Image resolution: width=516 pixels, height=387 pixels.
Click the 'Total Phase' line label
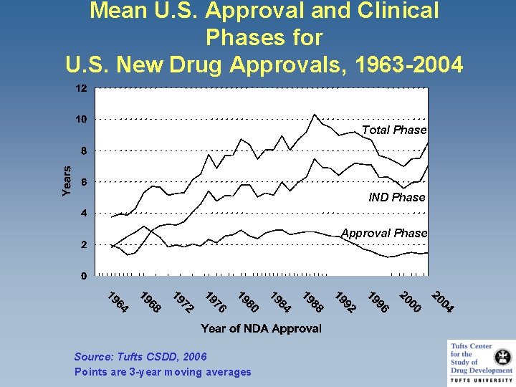coord(393,130)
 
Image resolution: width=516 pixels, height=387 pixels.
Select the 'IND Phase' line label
coord(396,197)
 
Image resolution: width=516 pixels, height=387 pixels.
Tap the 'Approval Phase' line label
coord(383,233)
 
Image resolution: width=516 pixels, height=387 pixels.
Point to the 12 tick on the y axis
coord(82,89)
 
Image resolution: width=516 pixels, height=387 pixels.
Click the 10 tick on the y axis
coord(82,120)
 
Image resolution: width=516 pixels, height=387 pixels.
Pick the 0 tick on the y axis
coord(85,276)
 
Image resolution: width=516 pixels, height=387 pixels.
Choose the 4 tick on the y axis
coord(85,214)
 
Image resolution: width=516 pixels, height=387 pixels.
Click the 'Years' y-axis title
coord(66,181)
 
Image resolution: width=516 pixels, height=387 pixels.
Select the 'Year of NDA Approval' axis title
coord(261,328)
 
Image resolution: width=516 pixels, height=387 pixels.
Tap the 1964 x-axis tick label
coord(118,302)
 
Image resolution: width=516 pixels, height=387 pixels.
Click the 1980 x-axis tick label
coord(248,302)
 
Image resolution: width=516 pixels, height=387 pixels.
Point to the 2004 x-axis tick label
coord(442,302)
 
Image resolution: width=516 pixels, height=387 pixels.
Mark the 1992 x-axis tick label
coord(345,302)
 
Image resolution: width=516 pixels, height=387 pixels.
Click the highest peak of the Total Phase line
coord(315,114)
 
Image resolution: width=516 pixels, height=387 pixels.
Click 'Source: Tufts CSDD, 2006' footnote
coord(140,357)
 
